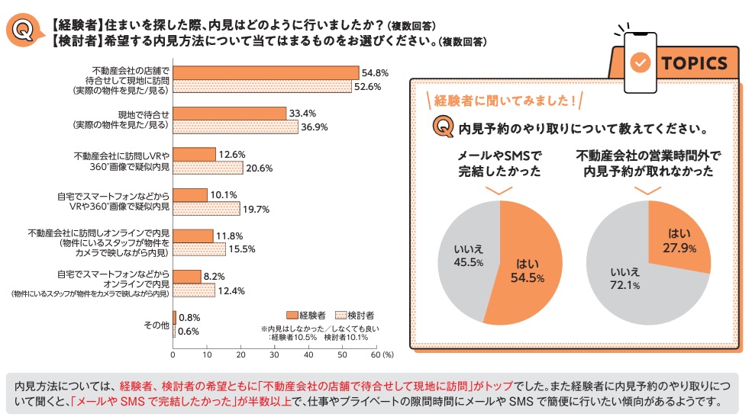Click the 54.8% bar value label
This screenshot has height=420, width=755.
[375, 72]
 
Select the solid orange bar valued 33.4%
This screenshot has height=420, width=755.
[230, 114]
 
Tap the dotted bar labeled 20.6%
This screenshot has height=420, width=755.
[208, 168]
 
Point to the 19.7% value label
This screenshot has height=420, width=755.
[256, 209]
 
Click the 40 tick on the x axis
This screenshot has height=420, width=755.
[308, 354]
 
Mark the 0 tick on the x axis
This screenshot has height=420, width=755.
[174, 354]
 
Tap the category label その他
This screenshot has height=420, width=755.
[156, 325]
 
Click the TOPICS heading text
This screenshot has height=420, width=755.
[695, 63]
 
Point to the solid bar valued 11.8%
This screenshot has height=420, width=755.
[193, 236]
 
